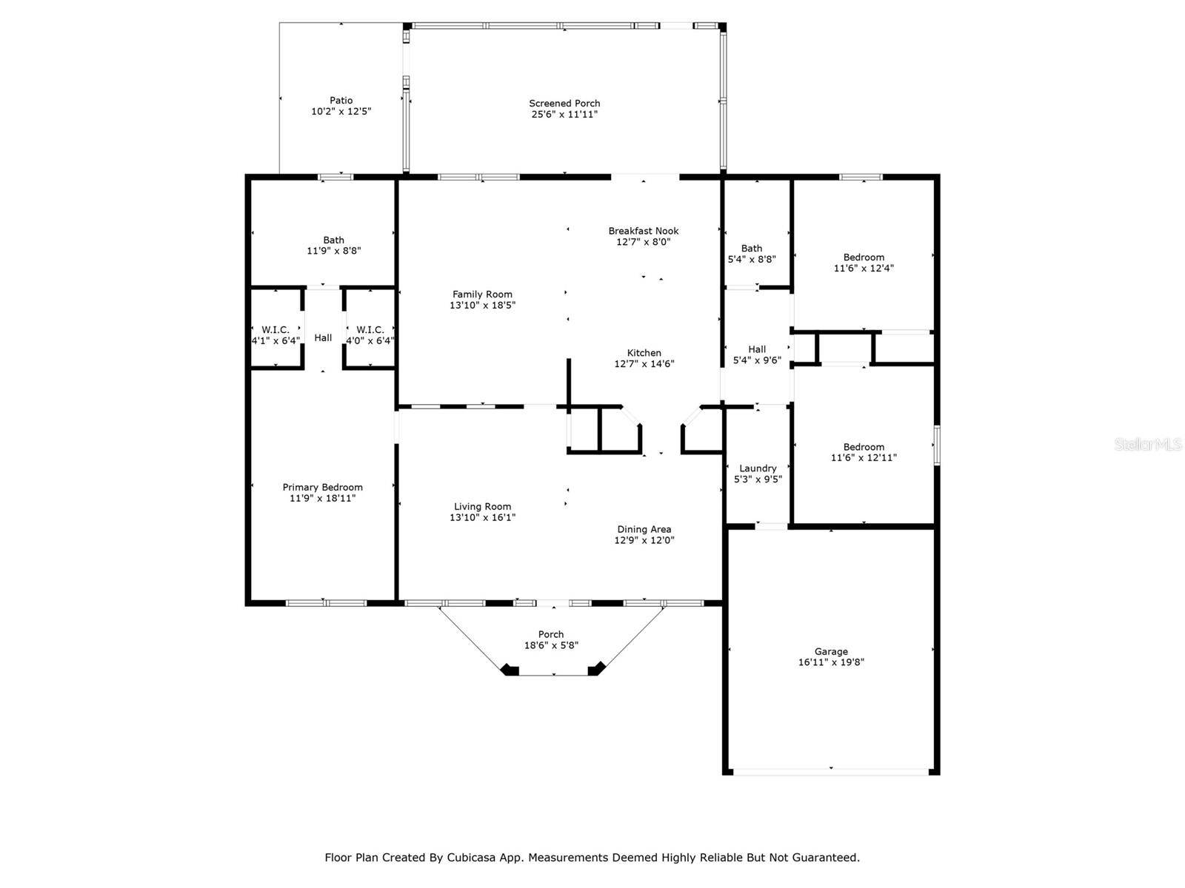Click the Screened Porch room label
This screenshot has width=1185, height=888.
(564, 104)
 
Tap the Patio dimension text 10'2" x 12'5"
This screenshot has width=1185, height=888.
(341, 112)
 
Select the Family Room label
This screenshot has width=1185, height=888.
(482, 295)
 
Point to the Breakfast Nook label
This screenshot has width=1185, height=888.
(643, 231)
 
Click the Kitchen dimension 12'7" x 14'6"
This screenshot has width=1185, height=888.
(644, 364)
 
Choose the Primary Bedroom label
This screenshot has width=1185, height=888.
(322, 488)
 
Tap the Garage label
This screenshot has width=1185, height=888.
(831, 652)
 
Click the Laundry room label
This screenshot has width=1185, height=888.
(758, 468)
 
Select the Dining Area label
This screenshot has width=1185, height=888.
(644, 529)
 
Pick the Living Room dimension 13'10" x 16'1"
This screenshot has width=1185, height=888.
(482, 518)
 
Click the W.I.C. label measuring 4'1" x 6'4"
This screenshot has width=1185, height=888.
(276, 330)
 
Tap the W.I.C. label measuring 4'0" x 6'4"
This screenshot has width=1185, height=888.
(370, 330)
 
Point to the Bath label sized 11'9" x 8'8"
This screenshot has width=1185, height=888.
(333, 240)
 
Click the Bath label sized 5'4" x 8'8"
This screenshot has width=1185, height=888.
(752, 249)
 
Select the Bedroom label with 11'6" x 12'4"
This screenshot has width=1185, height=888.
(864, 258)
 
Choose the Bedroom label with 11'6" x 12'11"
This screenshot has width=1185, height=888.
(864, 447)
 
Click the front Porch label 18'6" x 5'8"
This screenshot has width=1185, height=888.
(551, 634)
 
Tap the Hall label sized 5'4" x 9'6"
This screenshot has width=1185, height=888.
(757, 349)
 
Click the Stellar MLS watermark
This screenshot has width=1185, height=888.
(1148, 445)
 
